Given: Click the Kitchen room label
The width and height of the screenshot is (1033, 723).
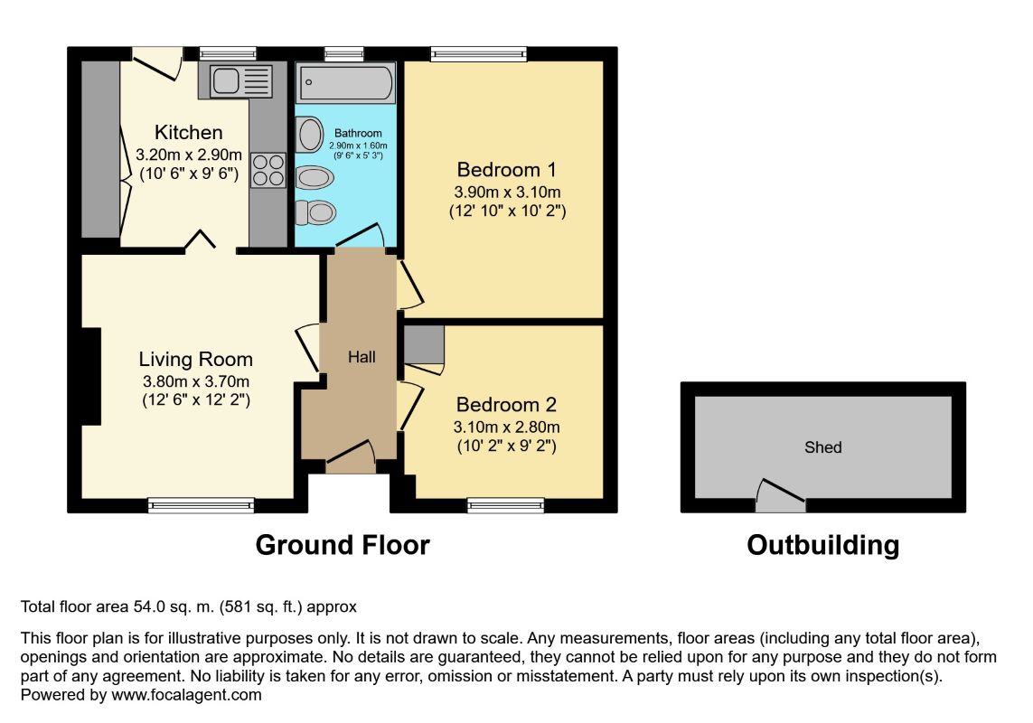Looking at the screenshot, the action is [x=188, y=132].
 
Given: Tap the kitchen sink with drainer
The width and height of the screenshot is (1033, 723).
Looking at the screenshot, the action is [x=241, y=81].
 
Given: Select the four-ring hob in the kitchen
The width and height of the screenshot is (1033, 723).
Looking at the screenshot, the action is [x=268, y=170].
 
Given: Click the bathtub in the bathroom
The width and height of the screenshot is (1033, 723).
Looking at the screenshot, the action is [x=346, y=83].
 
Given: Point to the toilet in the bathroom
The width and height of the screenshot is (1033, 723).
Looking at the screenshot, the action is [x=315, y=212].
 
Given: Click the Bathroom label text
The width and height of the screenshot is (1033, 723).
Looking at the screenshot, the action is [x=358, y=133].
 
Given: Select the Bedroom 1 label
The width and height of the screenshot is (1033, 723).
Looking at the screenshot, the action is [x=507, y=169].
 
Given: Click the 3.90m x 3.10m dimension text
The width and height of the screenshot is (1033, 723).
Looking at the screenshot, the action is [x=507, y=192].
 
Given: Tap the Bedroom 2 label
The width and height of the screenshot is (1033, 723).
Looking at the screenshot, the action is [x=506, y=404].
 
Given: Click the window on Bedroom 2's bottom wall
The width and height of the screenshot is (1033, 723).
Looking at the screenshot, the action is [x=506, y=505].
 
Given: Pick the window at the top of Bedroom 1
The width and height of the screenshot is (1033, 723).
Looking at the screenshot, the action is [x=479, y=54].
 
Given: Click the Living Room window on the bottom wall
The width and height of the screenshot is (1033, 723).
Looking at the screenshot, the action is [x=201, y=505].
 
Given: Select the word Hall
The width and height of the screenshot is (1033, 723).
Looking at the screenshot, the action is [x=362, y=357].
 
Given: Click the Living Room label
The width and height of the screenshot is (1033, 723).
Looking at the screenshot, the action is [x=195, y=359].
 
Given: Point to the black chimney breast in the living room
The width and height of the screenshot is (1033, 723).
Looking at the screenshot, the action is [x=91, y=376].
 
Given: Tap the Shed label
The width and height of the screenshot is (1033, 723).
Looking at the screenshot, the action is [x=822, y=447].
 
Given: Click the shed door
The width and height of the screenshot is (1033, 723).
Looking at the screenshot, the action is [x=781, y=495].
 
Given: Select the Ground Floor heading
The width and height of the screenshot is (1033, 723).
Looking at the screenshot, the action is [x=343, y=545].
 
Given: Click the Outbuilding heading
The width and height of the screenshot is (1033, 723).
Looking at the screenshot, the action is [x=822, y=545].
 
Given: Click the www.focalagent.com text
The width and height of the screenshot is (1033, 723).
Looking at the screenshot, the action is [x=186, y=695].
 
